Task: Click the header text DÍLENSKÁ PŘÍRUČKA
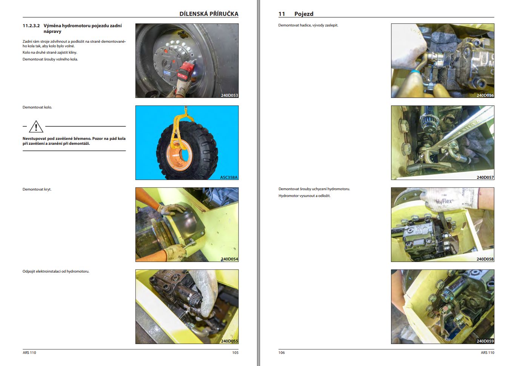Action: tap(209, 14)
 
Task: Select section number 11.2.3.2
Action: tap(31, 26)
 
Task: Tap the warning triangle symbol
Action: tap(36, 127)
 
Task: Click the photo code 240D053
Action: tap(229, 95)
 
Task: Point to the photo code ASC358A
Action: tap(229, 177)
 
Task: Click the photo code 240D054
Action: tap(229, 259)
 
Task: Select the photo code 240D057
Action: tap(485, 177)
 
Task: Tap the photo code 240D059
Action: tap(485, 341)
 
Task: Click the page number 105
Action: tap(235, 352)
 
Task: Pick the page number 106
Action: tap(282, 352)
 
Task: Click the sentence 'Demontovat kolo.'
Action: tap(37, 107)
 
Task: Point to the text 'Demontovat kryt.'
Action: tap(37, 189)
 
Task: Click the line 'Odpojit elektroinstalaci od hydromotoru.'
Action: tap(56, 271)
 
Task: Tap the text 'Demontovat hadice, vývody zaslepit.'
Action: tap(308, 25)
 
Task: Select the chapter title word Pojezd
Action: tap(304, 14)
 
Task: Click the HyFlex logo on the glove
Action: tap(444, 202)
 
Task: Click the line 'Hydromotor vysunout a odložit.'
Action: tap(304, 196)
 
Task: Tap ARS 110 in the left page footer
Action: tap(29, 352)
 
